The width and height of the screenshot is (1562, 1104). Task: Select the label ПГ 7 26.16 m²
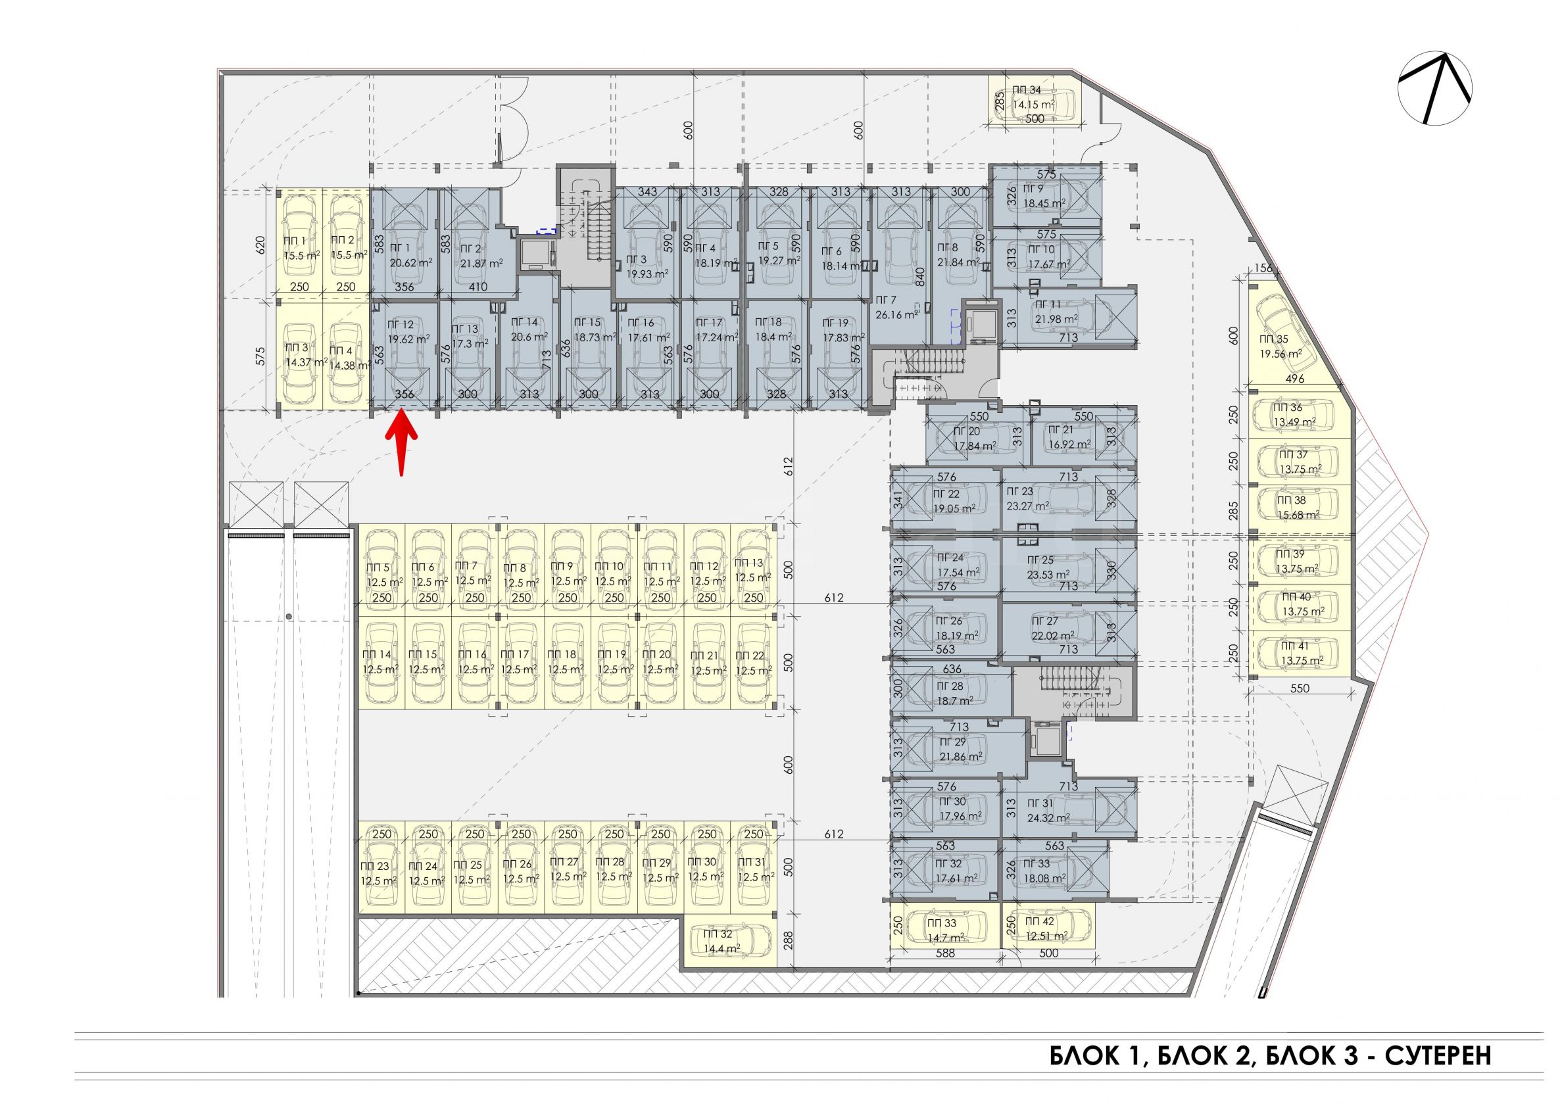point(895,307)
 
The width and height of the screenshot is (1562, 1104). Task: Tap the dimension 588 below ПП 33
point(945,953)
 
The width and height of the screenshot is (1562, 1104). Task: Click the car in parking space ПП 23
point(382,867)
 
